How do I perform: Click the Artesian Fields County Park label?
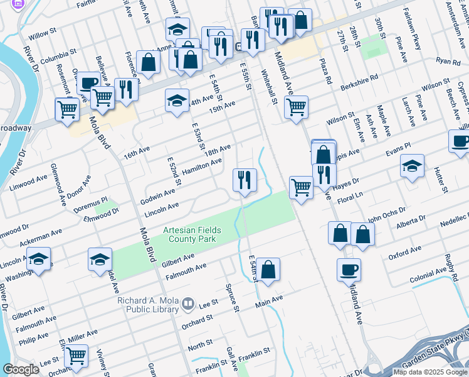pos(189,234)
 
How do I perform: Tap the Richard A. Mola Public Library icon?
pos(187,305)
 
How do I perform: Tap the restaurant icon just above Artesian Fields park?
pos(244,180)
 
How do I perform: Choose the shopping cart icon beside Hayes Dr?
pos(301,187)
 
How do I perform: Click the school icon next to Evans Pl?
pos(411,166)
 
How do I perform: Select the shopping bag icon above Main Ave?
pos(268,270)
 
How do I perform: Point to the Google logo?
pos(21,369)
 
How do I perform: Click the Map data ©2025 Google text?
pos(430,372)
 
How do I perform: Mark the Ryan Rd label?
pos(448,62)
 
